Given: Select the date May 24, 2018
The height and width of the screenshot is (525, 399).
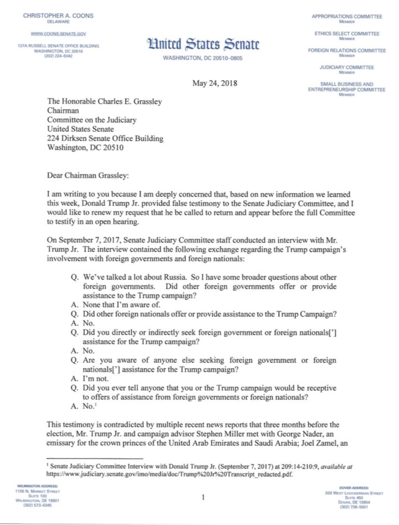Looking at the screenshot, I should coord(214,84).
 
